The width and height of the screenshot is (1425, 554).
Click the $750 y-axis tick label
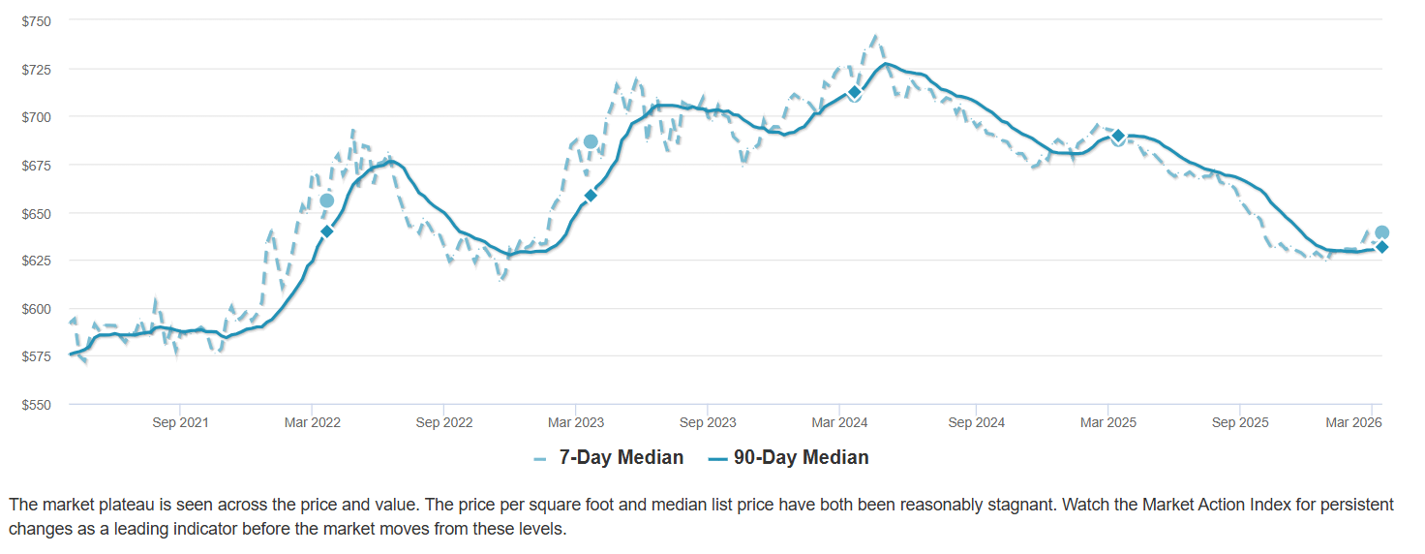(37, 21)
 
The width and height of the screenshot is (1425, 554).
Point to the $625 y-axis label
(37, 262)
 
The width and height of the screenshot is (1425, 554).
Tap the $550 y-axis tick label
(37, 405)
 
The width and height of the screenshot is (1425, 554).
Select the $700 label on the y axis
(37, 117)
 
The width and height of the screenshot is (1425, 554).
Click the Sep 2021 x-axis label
(180, 423)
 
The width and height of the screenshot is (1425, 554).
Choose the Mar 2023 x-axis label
(576, 423)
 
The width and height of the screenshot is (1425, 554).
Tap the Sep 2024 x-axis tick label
(976, 423)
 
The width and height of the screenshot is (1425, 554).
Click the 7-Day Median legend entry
(609, 458)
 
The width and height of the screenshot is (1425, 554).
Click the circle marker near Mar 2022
(326, 200)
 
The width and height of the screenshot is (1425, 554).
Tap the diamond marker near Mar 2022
(326, 231)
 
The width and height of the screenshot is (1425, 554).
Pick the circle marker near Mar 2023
(591, 142)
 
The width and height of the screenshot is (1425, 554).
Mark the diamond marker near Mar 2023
(591, 196)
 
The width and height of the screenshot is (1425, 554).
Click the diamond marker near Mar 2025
(1118, 136)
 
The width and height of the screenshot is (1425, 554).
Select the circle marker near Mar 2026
(1382, 232)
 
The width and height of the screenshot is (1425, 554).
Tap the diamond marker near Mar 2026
(1382, 247)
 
